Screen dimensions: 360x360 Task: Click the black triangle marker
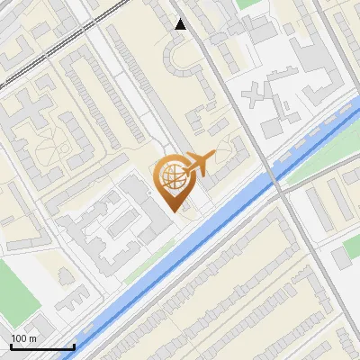[x=181, y=24]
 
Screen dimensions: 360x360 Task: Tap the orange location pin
[x=173, y=181]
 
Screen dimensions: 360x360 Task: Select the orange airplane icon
[x=200, y=163]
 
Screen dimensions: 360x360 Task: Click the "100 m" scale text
[x=23, y=338]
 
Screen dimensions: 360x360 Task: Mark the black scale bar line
[x=42, y=346]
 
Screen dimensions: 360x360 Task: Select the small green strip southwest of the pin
[x=148, y=262]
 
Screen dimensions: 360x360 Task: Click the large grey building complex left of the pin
[x=108, y=225]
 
